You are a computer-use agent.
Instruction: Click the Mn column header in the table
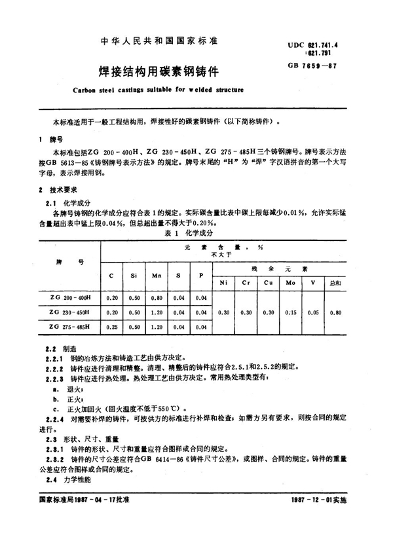[x=157, y=276]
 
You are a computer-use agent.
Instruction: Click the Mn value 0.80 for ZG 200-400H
[x=157, y=297]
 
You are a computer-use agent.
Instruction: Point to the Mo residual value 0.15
[x=289, y=312]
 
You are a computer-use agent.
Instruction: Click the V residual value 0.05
[x=312, y=312]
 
